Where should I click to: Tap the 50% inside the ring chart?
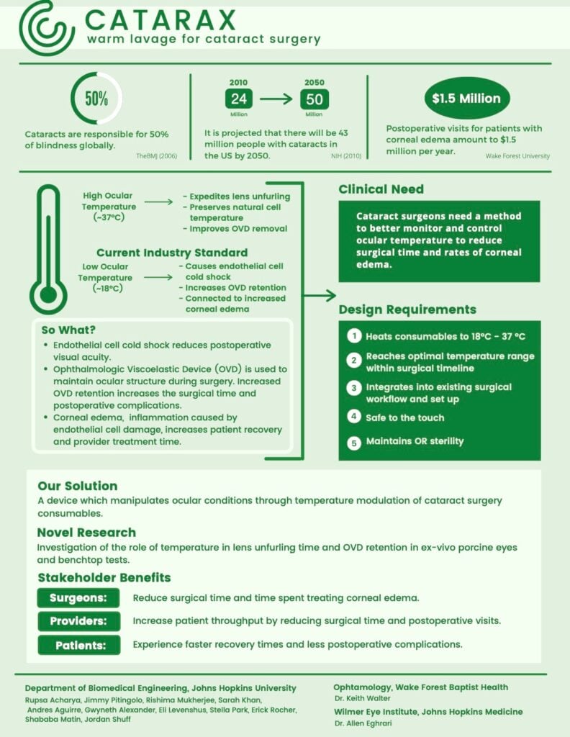[x=96, y=99]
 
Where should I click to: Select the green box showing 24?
[x=238, y=99]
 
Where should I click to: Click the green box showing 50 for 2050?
[x=314, y=99]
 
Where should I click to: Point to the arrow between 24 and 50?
[x=276, y=99]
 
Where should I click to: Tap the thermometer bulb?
[x=47, y=294]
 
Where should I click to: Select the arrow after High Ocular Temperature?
[x=158, y=202]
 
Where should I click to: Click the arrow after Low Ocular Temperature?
[x=158, y=276]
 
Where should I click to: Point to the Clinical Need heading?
[x=381, y=189]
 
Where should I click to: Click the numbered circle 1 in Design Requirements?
[x=353, y=336]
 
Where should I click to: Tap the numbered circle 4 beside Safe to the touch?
[x=353, y=417]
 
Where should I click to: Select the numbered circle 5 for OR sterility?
[x=353, y=443]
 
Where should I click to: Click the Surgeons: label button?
[x=78, y=598]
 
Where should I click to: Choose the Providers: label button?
[x=78, y=621]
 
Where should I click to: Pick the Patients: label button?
[x=78, y=644]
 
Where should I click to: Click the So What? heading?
[x=68, y=330]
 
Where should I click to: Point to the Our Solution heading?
[x=77, y=486]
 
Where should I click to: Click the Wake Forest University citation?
[x=517, y=155]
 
